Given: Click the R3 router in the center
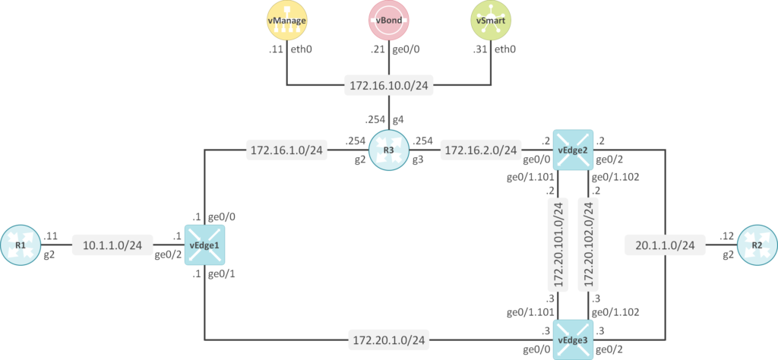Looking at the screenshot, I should click(389, 150).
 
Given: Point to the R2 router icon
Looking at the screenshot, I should click(756, 245).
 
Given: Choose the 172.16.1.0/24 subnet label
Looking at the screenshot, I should click(287, 151).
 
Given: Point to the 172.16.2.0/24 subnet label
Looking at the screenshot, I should click(481, 151).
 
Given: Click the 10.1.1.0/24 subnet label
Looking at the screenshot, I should click(112, 245).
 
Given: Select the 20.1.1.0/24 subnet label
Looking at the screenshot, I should click(665, 245).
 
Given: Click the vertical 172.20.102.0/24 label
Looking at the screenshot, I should click(587, 245).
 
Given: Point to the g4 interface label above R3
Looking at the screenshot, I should click(398, 119).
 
